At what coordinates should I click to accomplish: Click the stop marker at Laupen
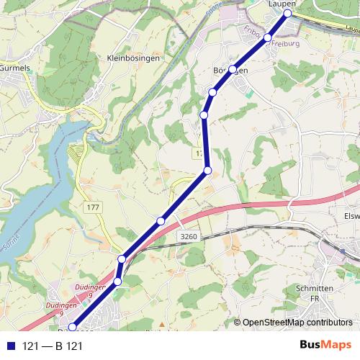coord(288,14)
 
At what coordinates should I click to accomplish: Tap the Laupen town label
coord(282,4)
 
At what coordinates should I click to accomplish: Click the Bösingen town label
coord(231,71)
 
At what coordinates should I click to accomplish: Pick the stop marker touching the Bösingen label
coord(233,69)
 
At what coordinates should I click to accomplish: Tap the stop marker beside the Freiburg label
coord(267,37)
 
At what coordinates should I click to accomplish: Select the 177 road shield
coord(93,207)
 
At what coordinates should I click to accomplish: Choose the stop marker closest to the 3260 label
coord(161,220)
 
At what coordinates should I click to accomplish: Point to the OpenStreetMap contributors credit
coord(297,323)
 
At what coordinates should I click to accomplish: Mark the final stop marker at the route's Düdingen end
coord(73,328)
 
